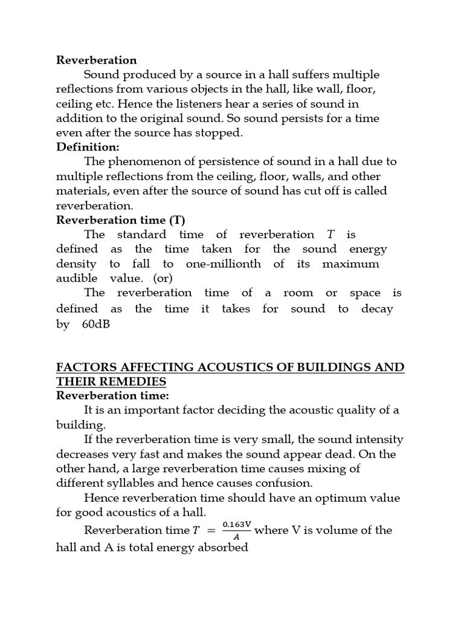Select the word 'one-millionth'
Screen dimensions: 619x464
coord(224,264)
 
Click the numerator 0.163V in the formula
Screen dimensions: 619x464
coord(237,524)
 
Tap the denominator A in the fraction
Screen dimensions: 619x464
coord(236,536)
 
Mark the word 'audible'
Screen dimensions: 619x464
coord(76,279)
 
